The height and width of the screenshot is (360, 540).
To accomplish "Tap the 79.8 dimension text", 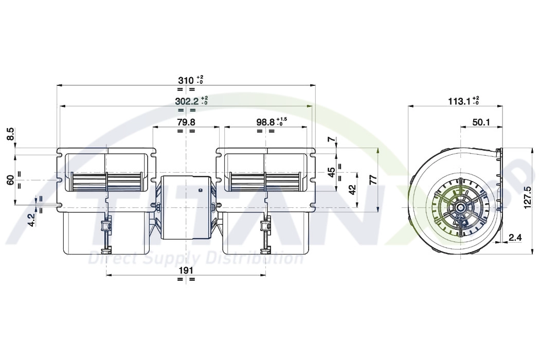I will (x=186, y=122).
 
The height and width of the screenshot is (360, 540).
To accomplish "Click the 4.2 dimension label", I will (x=31, y=220).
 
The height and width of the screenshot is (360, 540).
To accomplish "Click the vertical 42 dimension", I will (x=352, y=190).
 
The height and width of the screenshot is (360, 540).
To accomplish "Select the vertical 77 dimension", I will (x=373, y=180).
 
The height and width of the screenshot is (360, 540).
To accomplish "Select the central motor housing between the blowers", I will (x=185, y=208).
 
